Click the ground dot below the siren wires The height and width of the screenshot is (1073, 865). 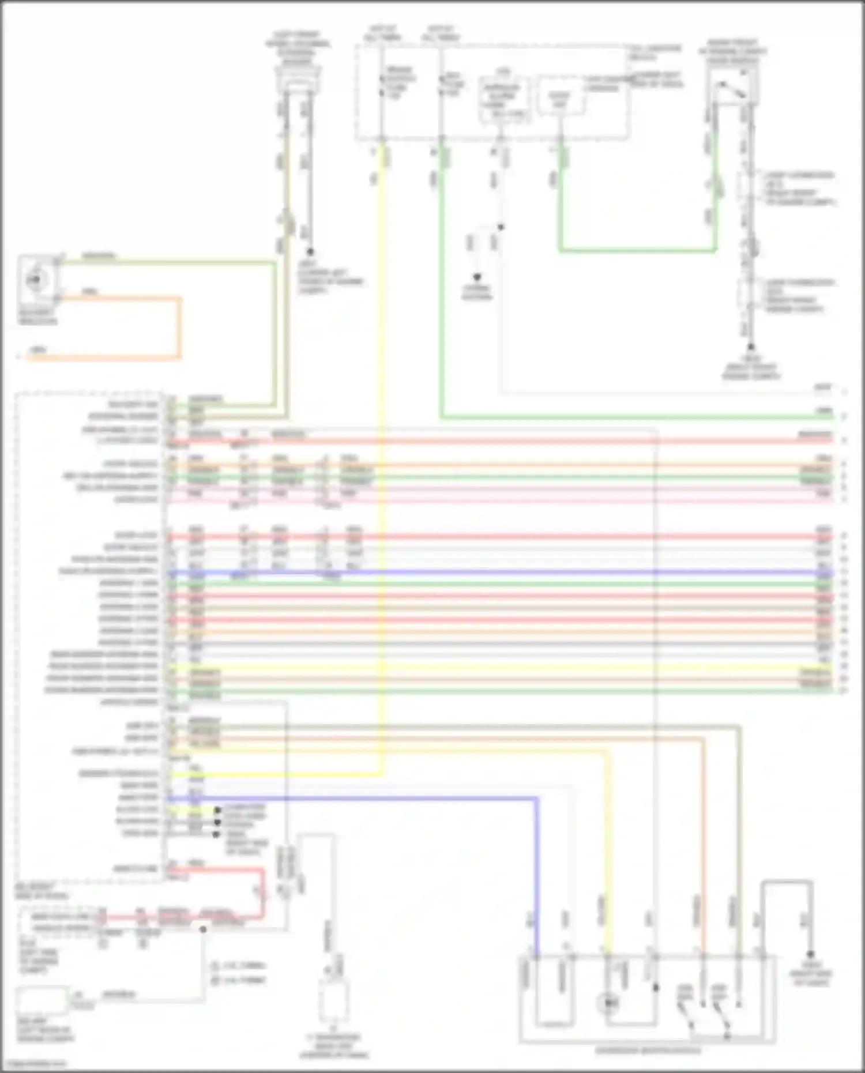click(x=310, y=252)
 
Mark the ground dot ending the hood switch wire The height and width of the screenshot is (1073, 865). click(x=751, y=347)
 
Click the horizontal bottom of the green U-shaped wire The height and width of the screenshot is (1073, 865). click(x=637, y=250)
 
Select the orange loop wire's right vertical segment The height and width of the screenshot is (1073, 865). click(x=179, y=327)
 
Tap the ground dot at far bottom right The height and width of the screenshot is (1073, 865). click(x=810, y=954)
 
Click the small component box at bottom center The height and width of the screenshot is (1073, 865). click(x=333, y=1000)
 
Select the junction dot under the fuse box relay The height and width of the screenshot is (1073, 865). click(x=501, y=227)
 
